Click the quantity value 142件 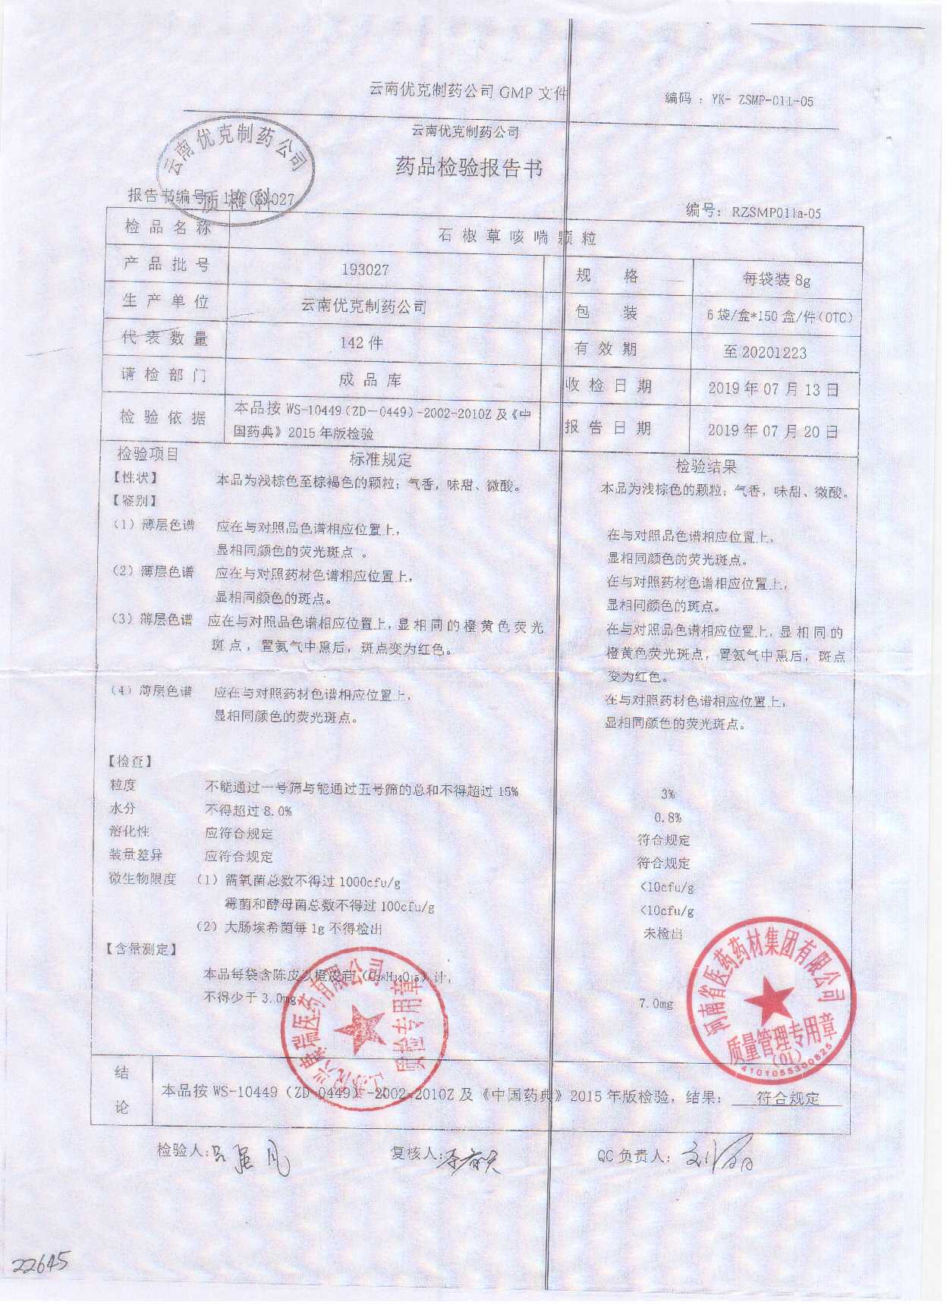pos(362,343)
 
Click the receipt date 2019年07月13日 pos(773,390)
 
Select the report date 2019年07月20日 pos(773,431)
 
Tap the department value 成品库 pos(370,380)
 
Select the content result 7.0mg pos(657,1004)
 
